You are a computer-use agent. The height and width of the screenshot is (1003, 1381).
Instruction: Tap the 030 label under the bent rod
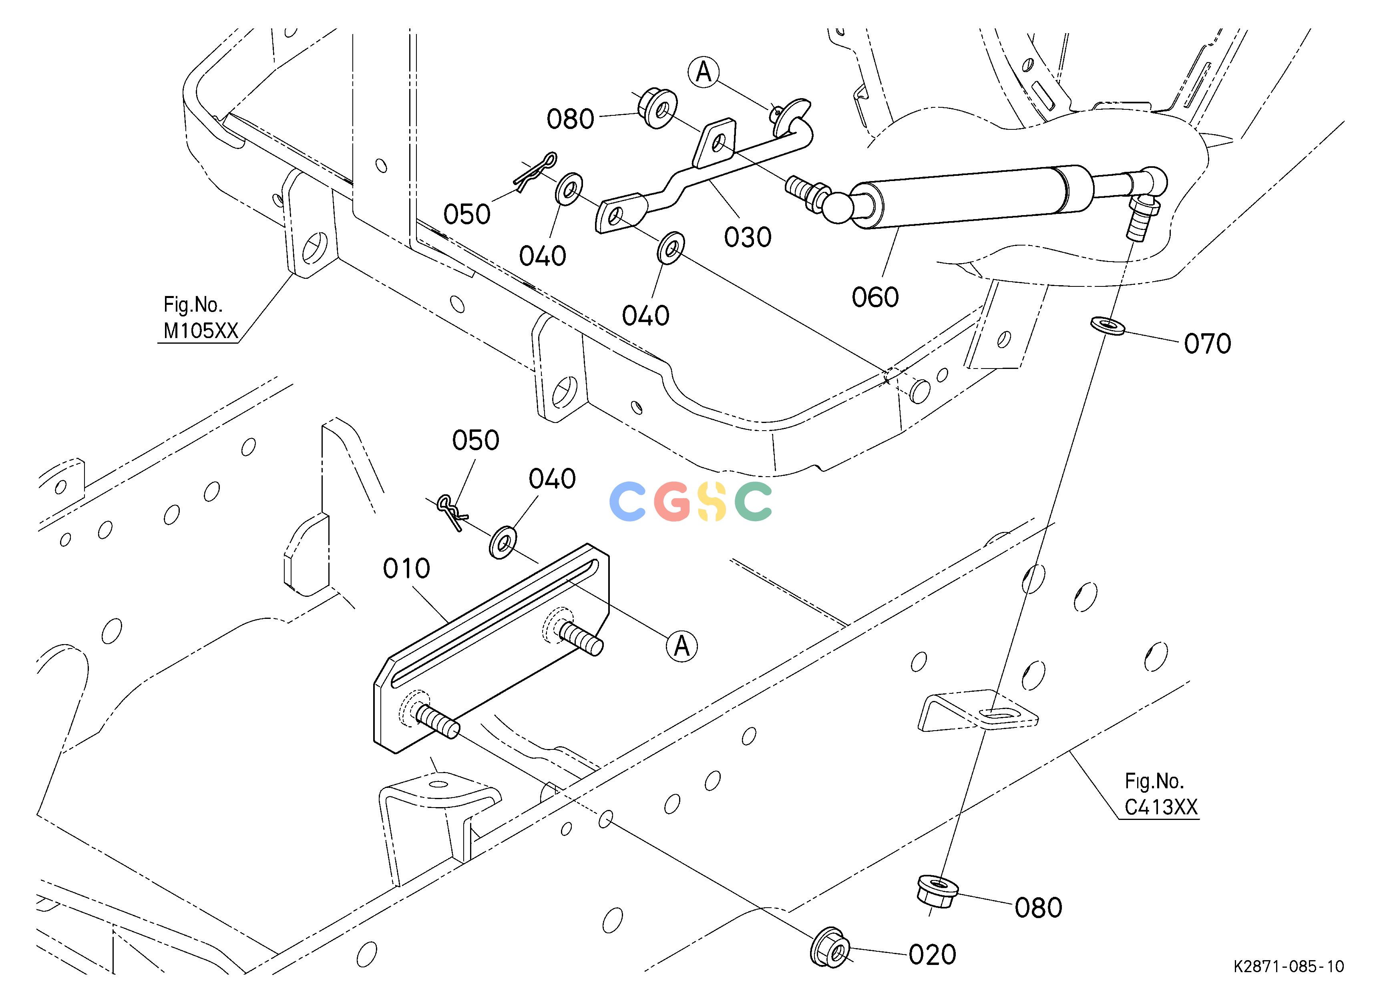[748, 237]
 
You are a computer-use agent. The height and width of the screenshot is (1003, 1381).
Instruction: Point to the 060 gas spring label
[875, 297]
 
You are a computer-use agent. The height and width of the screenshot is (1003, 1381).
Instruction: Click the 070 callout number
[1208, 344]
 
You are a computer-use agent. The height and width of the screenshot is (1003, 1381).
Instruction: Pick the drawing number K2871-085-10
[1289, 983]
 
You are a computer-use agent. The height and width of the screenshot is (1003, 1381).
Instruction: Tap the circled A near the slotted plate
[682, 646]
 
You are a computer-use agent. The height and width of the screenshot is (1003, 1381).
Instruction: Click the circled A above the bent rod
[704, 73]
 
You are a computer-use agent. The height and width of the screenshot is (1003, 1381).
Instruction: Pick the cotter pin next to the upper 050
[535, 172]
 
